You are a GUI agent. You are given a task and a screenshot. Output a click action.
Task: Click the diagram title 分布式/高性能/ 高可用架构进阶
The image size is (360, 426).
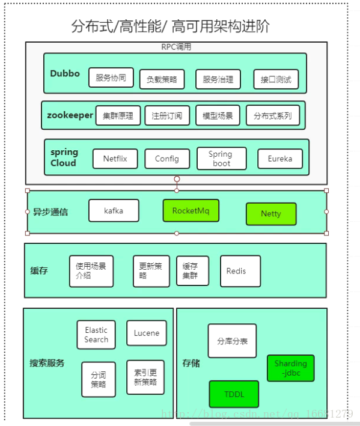(170, 26)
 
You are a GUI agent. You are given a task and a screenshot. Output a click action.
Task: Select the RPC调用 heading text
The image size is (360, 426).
(176, 47)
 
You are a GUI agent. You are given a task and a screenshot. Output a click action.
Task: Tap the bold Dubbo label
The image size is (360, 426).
(65, 74)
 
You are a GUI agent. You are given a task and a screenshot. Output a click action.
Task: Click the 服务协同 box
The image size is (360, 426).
(111, 78)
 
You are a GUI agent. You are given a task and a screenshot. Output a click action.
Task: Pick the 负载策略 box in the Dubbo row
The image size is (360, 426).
(162, 79)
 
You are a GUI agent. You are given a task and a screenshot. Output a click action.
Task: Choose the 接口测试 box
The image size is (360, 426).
(275, 79)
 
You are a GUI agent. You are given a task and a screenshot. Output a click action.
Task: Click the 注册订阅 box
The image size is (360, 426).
(166, 115)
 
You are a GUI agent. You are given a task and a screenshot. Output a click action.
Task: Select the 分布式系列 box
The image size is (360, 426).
(272, 115)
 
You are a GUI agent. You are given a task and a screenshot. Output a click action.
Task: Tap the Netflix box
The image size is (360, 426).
(115, 159)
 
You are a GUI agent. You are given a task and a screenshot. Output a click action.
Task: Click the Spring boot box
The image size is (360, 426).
(221, 159)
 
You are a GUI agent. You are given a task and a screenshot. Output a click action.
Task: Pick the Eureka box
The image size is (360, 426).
(280, 159)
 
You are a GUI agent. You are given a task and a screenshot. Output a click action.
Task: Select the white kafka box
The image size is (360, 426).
(114, 211)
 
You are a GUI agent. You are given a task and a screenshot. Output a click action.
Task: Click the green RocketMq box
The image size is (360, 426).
(191, 211)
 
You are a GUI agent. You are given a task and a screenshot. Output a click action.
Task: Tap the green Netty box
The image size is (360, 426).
(271, 214)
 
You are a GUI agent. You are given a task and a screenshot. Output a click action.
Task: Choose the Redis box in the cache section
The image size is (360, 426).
(240, 271)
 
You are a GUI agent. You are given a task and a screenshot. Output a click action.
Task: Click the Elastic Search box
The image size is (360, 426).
(96, 335)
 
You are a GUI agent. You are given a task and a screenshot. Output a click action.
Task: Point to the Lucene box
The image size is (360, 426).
(146, 333)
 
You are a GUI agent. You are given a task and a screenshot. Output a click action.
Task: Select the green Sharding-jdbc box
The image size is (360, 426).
(290, 368)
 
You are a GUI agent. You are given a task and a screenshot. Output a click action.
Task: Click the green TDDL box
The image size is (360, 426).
(234, 394)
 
